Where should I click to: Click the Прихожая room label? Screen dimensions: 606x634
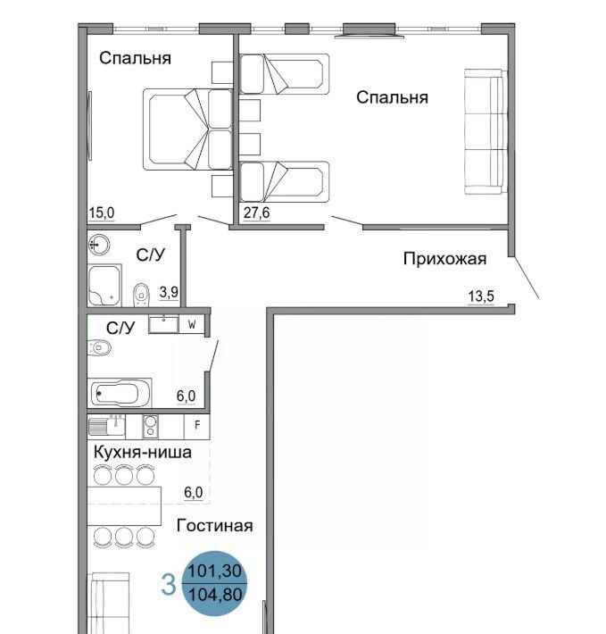[x=444, y=259]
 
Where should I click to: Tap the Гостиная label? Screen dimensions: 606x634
[x=214, y=525]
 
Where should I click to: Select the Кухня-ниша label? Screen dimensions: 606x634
[x=142, y=452]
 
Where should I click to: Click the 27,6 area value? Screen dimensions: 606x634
[x=256, y=213]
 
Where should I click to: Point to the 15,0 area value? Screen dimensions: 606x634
[x=102, y=213]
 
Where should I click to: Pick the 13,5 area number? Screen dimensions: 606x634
[x=481, y=296]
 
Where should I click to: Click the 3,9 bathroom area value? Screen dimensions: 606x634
[x=169, y=291]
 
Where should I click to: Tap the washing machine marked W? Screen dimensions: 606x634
[x=192, y=324]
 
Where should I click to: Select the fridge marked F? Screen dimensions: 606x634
[x=197, y=425]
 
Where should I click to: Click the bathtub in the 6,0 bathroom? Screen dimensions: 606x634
[x=120, y=393]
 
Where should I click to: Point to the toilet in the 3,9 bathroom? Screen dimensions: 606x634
[x=141, y=295]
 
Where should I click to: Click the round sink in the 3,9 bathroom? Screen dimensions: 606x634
[x=99, y=245]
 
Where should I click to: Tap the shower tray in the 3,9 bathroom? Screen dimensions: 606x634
[x=104, y=286]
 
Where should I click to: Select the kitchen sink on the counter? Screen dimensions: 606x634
[x=107, y=426]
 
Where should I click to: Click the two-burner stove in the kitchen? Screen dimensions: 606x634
[x=150, y=427]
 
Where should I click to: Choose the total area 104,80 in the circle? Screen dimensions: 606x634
[x=215, y=595]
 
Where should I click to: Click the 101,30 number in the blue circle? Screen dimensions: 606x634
[x=215, y=571]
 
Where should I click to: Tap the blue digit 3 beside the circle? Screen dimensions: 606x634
[x=169, y=585]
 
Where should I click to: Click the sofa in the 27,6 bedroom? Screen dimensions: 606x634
[x=485, y=131]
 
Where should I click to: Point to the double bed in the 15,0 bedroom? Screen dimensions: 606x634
[x=187, y=129]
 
